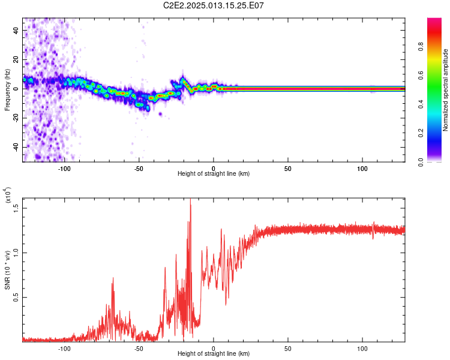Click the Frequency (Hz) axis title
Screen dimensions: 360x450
pos(7,90)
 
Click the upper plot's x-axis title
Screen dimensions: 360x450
pos(214,173)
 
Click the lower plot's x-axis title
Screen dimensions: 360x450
pos(214,353)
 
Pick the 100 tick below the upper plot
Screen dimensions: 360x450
pos(362,168)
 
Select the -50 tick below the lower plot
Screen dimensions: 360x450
pos(139,348)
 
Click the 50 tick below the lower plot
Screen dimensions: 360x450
pos(288,348)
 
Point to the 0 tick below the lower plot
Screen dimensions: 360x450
pos(214,348)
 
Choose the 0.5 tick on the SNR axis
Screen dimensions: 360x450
pos(17,296)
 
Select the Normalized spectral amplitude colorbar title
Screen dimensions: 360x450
pos(445,90)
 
